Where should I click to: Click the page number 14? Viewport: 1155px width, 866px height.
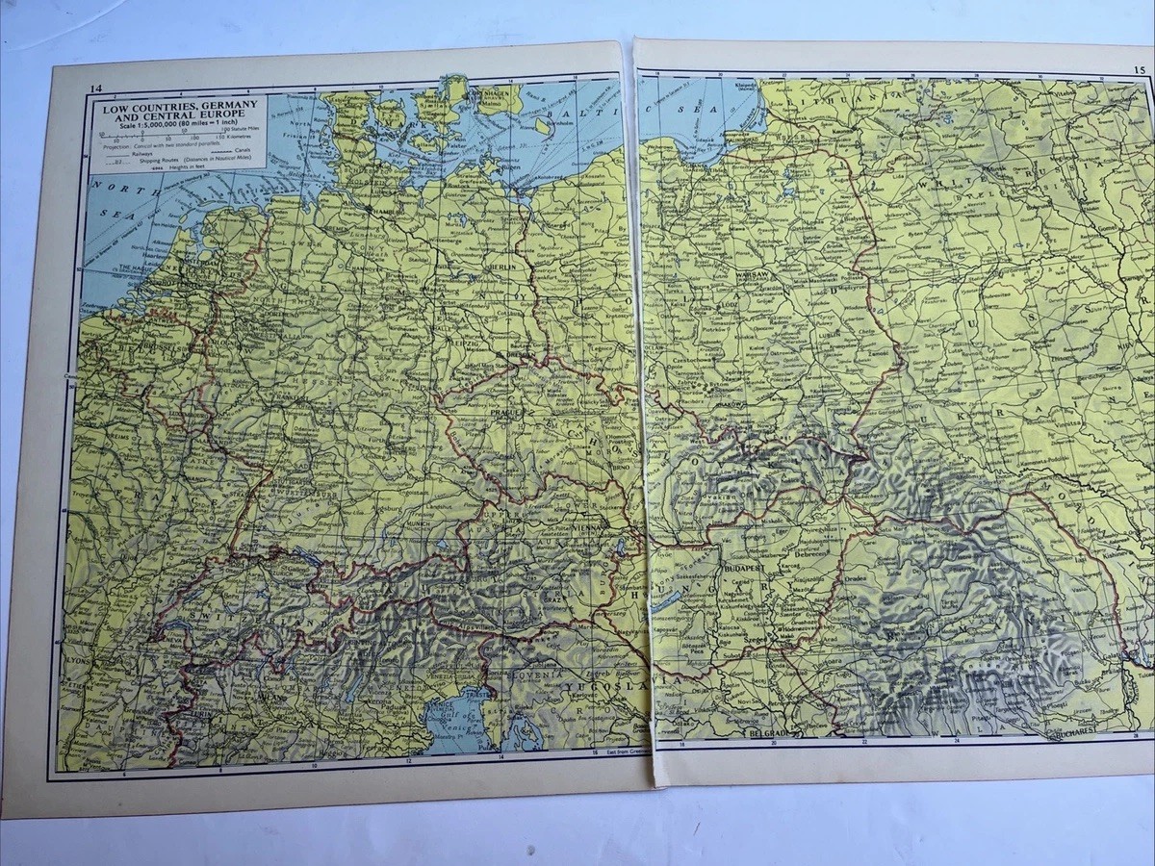93,89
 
